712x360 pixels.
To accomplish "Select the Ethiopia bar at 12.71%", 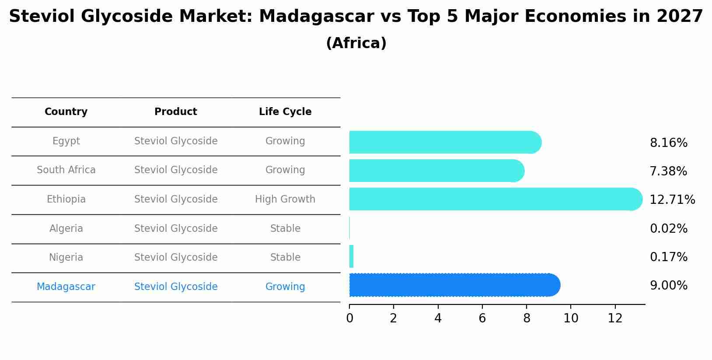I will click(x=494, y=199).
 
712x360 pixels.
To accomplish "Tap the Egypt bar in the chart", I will click(x=444, y=142).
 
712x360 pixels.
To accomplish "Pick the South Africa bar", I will click(x=435, y=171).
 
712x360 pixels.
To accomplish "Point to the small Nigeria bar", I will click(x=351, y=256).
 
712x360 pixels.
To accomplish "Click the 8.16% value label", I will click(x=668, y=143).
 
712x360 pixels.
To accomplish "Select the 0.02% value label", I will click(x=668, y=229).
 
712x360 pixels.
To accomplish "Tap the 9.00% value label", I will click(x=668, y=286).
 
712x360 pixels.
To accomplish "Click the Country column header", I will click(x=66, y=112).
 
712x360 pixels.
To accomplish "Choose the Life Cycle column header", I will click(x=285, y=112).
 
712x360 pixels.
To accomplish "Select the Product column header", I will click(x=176, y=112).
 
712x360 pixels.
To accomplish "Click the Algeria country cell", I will click(x=66, y=228).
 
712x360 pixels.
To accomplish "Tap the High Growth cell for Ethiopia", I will click(x=285, y=199).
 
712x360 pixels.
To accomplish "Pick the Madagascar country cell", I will click(x=66, y=287).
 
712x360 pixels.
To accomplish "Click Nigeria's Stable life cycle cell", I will click(x=285, y=258).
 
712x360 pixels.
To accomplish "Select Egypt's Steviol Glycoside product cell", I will click(x=176, y=141).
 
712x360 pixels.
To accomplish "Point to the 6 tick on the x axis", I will click(x=482, y=318).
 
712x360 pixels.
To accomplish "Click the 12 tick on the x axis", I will click(x=615, y=318).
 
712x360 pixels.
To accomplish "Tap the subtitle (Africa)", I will click(x=356, y=43).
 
